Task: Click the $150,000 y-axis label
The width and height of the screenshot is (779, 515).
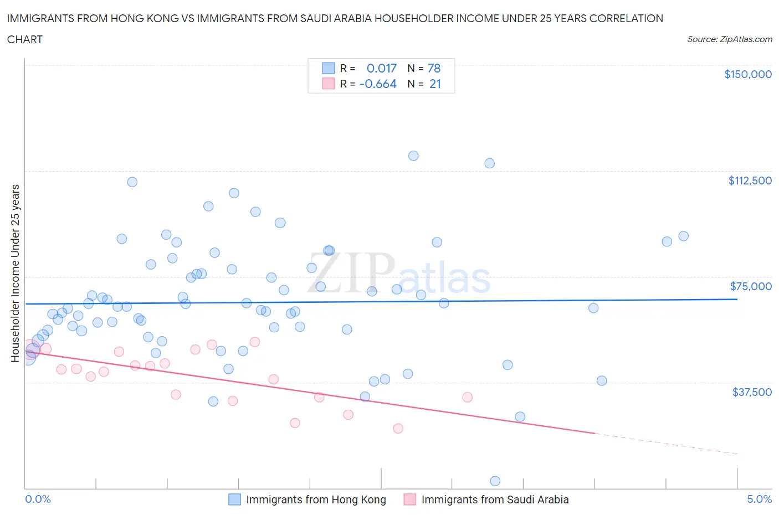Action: click(x=747, y=74)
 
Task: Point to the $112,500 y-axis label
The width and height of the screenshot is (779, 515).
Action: click(x=750, y=181)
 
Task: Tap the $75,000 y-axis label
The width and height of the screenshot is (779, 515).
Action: click(x=751, y=286)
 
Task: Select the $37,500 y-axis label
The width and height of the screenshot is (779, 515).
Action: click(x=751, y=392)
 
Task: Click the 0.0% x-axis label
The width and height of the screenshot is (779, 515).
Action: click(x=38, y=499)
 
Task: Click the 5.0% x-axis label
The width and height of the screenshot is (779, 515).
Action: click(x=759, y=499)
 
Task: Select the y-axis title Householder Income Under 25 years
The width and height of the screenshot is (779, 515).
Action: click(x=15, y=273)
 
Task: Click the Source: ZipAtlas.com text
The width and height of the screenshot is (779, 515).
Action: click(x=729, y=39)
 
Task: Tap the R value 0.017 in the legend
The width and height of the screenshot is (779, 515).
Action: click(x=382, y=68)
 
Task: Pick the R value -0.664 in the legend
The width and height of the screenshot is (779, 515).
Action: click(x=378, y=84)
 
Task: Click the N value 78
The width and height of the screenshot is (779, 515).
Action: click(x=434, y=68)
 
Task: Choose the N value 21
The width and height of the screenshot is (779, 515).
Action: click(x=435, y=84)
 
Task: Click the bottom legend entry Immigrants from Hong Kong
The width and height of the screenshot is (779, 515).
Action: click(x=315, y=499)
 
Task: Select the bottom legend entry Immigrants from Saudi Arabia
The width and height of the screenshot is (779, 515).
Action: click(x=494, y=499)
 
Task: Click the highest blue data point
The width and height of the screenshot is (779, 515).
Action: click(x=413, y=156)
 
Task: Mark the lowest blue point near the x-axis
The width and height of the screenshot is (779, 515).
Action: click(x=495, y=481)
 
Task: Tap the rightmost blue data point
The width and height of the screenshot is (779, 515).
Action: click(x=684, y=236)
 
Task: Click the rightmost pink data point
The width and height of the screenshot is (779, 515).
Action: click(x=468, y=397)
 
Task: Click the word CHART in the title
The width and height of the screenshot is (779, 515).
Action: click(x=25, y=39)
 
